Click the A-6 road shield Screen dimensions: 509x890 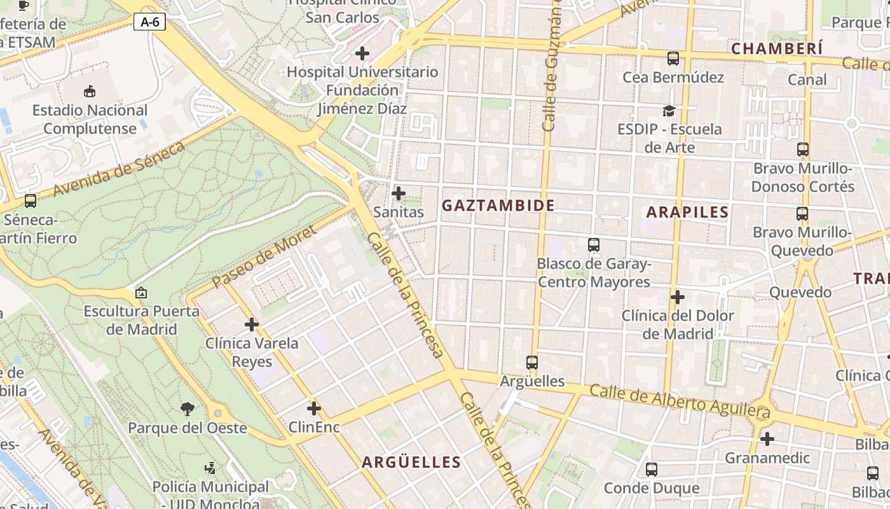[x=150, y=22]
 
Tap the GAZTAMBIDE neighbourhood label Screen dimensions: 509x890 [x=498, y=206]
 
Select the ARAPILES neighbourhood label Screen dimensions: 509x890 [x=687, y=212]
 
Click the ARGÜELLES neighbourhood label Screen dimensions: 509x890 [x=411, y=463]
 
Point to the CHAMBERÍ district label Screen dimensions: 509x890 [x=777, y=48]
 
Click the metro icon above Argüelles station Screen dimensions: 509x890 [x=532, y=363]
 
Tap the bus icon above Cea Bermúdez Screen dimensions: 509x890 [x=673, y=59]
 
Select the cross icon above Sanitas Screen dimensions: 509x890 [x=399, y=193]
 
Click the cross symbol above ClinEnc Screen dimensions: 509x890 [x=314, y=408]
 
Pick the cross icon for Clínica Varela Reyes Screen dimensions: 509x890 [x=252, y=324]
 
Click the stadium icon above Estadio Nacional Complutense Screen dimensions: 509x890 [x=90, y=92]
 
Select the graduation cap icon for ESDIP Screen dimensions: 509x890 [x=669, y=111]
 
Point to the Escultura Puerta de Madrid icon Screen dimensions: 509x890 [x=141, y=293]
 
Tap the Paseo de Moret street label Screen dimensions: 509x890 [x=264, y=257]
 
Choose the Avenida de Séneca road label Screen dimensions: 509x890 [x=119, y=169]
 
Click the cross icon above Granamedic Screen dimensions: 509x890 [x=767, y=439]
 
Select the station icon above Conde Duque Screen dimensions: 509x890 [x=652, y=470]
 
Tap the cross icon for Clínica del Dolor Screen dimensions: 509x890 [x=678, y=297]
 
